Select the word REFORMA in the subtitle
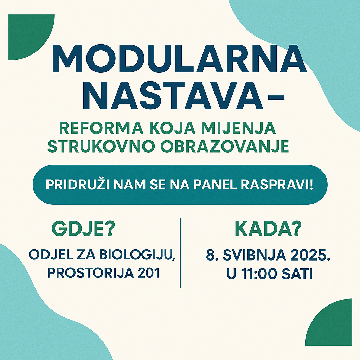pyautogui.click(x=101, y=128)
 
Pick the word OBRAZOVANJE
pyautogui.click(x=224, y=147)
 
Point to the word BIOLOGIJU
pyautogui.click(x=136, y=255)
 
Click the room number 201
pyautogui.click(x=149, y=273)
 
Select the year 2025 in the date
pyautogui.click(x=307, y=255)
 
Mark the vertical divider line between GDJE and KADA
pyautogui.click(x=180, y=253)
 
